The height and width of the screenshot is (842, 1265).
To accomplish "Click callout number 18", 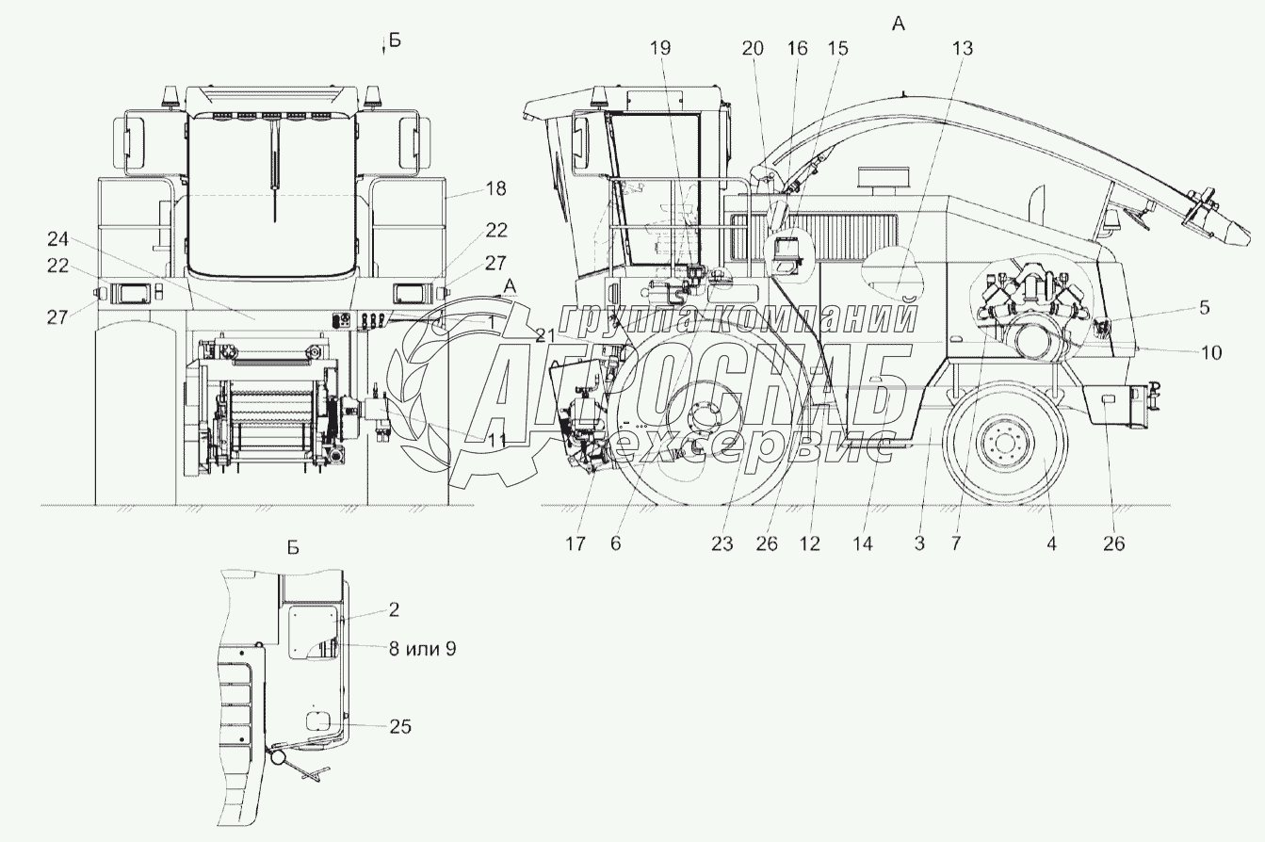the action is pyautogui.click(x=495, y=188).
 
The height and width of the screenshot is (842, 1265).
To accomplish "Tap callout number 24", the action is pyautogui.click(x=57, y=239).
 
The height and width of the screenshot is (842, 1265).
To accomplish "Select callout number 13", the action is pyautogui.click(x=963, y=49).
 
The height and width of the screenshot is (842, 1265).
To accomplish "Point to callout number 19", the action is pyautogui.click(x=659, y=49).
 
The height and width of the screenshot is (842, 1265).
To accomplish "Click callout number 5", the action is pyautogui.click(x=1205, y=308).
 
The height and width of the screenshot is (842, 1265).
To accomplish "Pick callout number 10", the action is pyautogui.click(x=1210, y=353).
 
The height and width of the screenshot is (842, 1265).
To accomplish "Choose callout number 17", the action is pyautogui.click(x=575, y=543).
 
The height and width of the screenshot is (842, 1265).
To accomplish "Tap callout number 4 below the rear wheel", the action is pyautogui.click(x=1051, y=543).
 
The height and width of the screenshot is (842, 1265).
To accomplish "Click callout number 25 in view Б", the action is pyautogui.click(x=399, y=726).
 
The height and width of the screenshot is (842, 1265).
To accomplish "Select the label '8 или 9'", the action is pyautogui.click(x=422, y=650).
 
